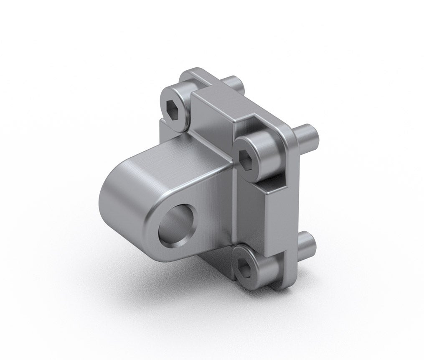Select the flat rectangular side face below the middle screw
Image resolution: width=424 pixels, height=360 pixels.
[x=275, y=217]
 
